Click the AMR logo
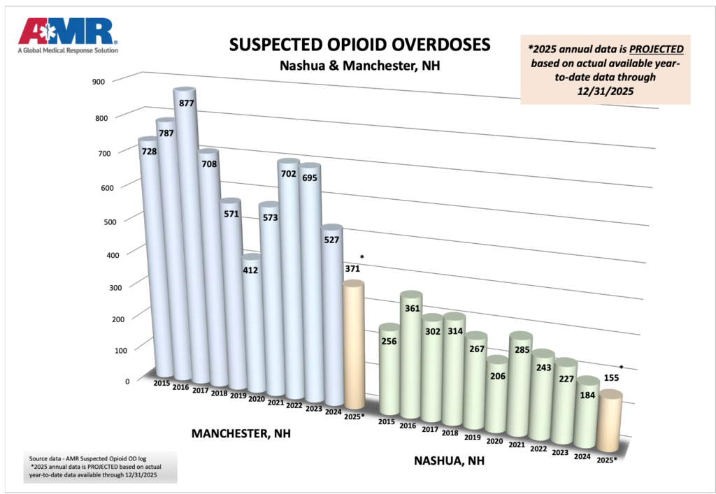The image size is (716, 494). pos(67,33)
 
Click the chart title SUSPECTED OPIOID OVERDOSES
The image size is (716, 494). pos(360,45)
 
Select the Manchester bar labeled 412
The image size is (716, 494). pos(252,328)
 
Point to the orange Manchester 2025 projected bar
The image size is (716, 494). pos(354,342)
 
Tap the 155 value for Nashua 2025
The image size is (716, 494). pos(610,378)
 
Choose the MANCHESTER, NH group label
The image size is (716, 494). pos(241,435)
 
